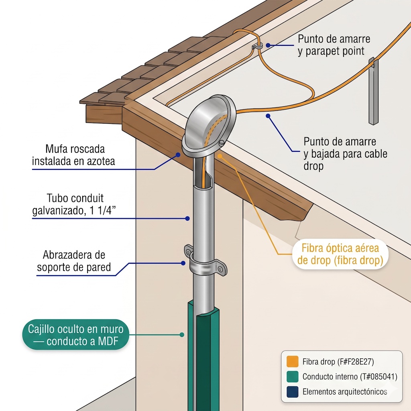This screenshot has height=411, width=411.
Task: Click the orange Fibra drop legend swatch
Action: pyautogui.click(x=292, y=362)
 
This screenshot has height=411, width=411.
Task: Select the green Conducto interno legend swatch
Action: pyautogui.click(x=292, y=376)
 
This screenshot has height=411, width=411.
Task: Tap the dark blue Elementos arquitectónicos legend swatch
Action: pyautogui.click(x=292, y=392)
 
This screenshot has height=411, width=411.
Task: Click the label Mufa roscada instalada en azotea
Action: pyautogui.click(x=73, y=155)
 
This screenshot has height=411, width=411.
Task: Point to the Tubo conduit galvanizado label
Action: pyautogui.click(x=74, y=204)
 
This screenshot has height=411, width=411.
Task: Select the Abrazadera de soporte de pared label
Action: pyautogui.click(x=74, y=261)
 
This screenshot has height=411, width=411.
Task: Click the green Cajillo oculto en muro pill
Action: pyautogui.click(x=75, y=335)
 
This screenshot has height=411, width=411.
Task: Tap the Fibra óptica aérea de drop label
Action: pyautogui.click(x=340, y=254)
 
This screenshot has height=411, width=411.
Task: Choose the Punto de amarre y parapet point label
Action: pyautogui.click(x=334, y=45)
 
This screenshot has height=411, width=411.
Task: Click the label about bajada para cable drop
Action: pyautogui.click(x=345, y=154)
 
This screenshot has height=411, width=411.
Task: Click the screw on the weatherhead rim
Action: pyautogui.click(x=222, y=143)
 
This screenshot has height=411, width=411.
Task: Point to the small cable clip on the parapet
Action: pyautogui.click(x=257, y=46)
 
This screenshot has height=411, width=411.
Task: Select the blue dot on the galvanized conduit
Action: pyautogui.click(x=187, y=218)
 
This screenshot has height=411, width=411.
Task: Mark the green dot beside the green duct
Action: pyautogui.click(x=182, y=335)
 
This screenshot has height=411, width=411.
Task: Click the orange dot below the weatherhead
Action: pyautogui.click(x=220, y=156)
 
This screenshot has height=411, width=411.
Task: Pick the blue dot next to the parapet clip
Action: pyautogui.click(x=268, y=45)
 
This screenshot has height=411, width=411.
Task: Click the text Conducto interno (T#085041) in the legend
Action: pyautogui.click(x=350, y=376)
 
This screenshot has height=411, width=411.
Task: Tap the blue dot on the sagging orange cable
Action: pyautogui.click(x=268, y=116)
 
